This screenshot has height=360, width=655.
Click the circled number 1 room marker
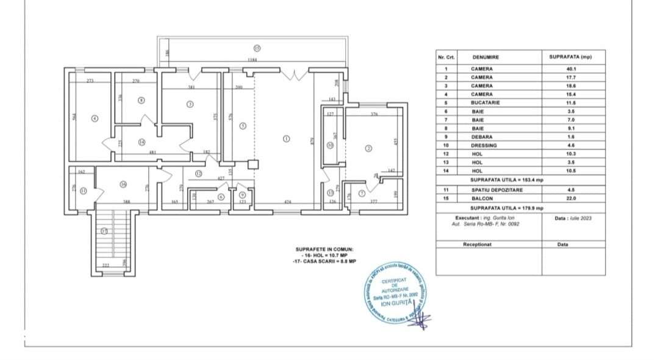coord(286,139)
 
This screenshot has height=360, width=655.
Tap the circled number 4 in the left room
coord(95,118)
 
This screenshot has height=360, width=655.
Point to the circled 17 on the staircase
coord(104,231)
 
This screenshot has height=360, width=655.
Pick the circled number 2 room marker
coord(368,147)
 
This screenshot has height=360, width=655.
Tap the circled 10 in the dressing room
coord(329,145)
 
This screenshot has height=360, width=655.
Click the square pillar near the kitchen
coord(253,164)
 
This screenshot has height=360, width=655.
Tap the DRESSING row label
coord(485,146)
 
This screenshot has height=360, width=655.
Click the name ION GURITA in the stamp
coord(395,303)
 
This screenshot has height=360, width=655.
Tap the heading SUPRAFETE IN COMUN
coord(324,250)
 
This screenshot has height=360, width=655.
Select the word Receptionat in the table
coord(477,243)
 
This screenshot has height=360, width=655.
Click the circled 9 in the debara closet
coord(242,194)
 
